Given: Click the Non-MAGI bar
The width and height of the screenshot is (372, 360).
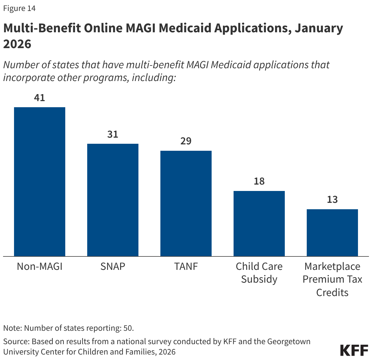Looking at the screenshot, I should pyautogui.click(x=40, y=182).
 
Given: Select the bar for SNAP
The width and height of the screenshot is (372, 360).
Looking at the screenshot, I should pyautogui.click(x=113, y=200).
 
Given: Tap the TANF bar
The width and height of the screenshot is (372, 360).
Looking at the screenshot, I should pyautogui.click(x=186, y=203).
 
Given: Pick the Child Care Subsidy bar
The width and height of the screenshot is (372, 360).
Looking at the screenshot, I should pyautogui.click(x=259, y=223).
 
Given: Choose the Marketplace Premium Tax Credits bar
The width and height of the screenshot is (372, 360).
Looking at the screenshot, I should pyautogui.click(x=332, y=232).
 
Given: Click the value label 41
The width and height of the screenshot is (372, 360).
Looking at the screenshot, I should pyautogui.click(x=40, y=98).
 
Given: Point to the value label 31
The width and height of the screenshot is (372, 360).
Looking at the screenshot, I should pyautogui.click(x=113, y=134).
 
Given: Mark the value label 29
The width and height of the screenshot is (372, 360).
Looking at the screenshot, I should pyautogui.click(x=186, y=141).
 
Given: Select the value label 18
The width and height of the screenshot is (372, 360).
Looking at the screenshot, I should pyautogui.click(x=259, y=181).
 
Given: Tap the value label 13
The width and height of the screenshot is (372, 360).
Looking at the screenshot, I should pyautogui.click(x=332, y=199).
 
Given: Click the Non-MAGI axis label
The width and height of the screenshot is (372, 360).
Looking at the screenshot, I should pyautogui.click(x=40, y=266).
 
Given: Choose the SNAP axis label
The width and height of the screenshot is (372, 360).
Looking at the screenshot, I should pyautogui.click(x=113, y=266).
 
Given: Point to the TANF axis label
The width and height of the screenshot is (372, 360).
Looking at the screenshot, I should pyautogui.click(x=186, y=266).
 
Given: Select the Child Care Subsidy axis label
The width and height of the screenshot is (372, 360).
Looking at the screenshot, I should pyautogui.click(x=259, y=273).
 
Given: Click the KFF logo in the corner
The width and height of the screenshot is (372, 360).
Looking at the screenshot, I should pyautogui.click(x=354, y=350).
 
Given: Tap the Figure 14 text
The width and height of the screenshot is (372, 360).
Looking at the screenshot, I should pyautogui.click(x=20, y=8).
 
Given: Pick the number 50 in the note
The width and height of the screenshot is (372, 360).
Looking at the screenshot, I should pyautogui.click(x=128, y=328).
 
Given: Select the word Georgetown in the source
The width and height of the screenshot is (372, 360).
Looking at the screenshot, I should pyautogui.click(x=289, y=341).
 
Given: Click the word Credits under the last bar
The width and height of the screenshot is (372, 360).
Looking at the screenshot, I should pyautogui.click(x=332, y=292).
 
